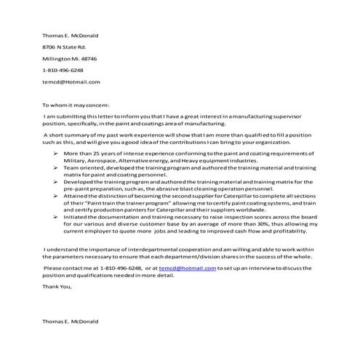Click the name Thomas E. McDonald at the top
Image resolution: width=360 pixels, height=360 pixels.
[x=70, y=35]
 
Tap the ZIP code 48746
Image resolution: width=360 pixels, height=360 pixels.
[x=87, y=58]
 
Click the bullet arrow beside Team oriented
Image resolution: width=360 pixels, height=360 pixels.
[x=56, y=168]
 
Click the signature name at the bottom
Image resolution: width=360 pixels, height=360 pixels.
[x=70, y=321]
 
